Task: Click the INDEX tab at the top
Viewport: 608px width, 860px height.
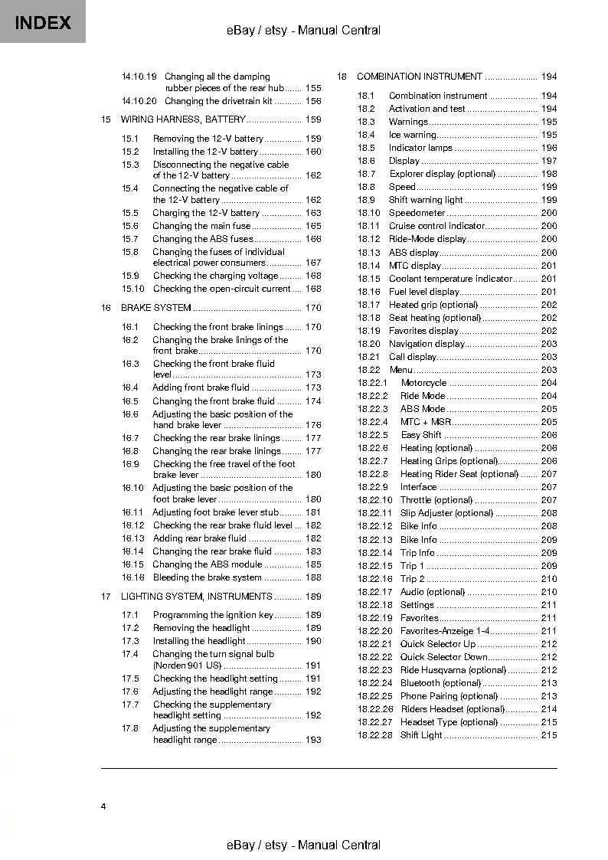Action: (x=43, y=22)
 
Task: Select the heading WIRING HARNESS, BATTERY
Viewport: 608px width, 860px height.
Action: (x=183, y=119)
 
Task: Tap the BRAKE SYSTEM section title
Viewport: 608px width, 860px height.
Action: (x=156, y=308)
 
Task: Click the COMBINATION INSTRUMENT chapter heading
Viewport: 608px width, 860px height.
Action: (x=420, y=77)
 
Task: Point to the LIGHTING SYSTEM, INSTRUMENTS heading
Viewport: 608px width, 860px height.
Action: (x=197, y=597)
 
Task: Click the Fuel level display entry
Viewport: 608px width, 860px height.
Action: (x=423, y=292)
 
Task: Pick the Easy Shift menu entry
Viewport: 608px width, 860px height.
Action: (x=420, y=435)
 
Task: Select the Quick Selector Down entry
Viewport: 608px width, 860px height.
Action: (x=443, y=657)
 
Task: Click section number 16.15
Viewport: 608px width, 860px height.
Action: (x=132, y=564)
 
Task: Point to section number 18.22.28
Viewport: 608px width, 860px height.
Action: (x=374, y=735)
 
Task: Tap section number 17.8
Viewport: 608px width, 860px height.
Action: (x=130, y=728)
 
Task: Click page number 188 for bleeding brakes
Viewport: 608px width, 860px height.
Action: (x=313, y=577)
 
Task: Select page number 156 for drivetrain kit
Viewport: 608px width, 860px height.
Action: (x=313, y=101)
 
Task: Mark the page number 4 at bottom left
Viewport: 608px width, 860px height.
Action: (x=103, y=806)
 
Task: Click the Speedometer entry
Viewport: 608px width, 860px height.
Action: (x=417, y=213)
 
